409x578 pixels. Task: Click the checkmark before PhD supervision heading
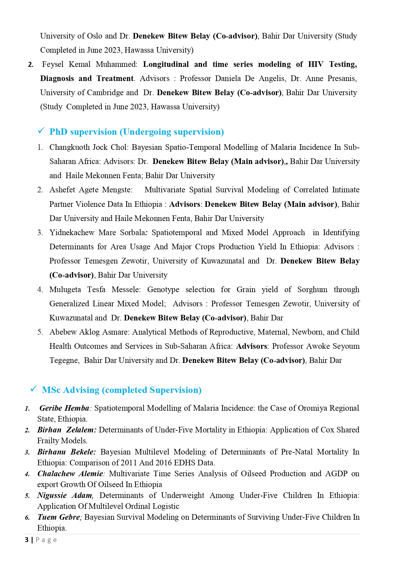point(41,131)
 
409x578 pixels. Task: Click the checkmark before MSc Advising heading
point(33,389)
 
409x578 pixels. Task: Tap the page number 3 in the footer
point(27,540)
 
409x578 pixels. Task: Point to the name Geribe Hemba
point(64,408)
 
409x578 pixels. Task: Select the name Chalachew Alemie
point(70,474)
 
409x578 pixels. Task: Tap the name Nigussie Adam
point(65,495)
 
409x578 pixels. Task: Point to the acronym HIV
point(316,64)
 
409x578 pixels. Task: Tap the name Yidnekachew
point(72,233)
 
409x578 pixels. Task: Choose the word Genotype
point(163,289)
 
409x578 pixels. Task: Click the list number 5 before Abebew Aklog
point(40,332)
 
